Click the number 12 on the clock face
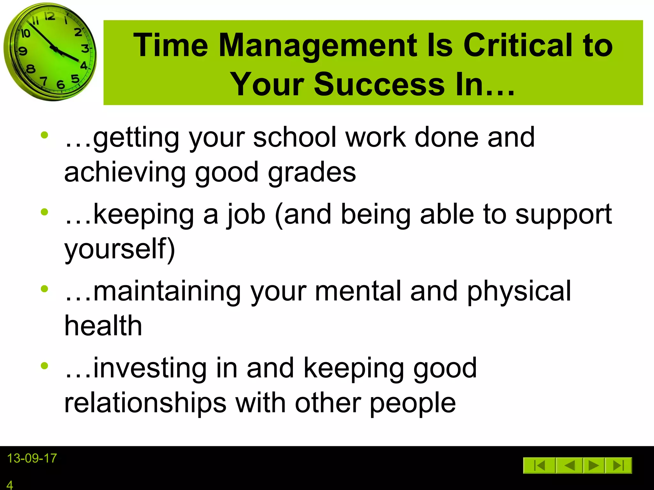coord(49,16)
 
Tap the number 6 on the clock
coord(60,85)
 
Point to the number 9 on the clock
coord(23,51)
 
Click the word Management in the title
coord(318,45)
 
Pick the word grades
coord(312,172)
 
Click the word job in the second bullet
coord(246,214)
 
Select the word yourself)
coord(120,249)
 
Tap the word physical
coord(519,291)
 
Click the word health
coord(103,326)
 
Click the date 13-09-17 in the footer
coord(32,458)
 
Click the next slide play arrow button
coord(593,465)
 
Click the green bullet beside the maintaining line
coord(44,289)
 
